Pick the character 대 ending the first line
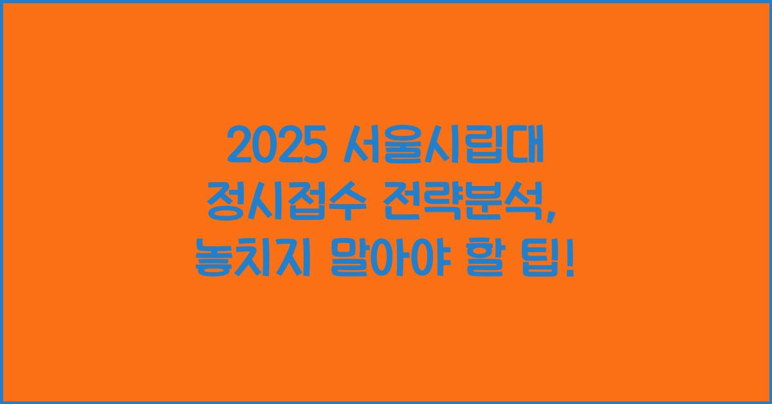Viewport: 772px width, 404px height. [x=526, y=147]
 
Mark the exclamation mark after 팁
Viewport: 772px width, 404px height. [x=570, y=262]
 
